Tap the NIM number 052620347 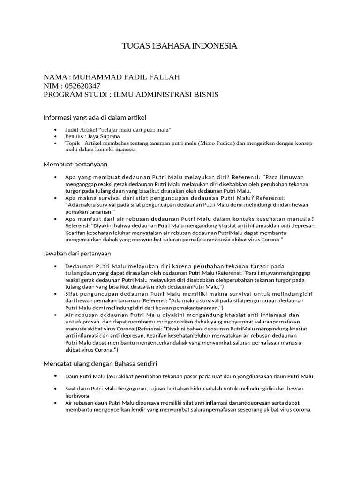[82, 86]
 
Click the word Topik [72, 143]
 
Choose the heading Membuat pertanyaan [75, 164]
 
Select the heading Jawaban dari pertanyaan [77, 254]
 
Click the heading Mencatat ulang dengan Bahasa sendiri [100, 363]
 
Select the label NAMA [55, 77]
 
